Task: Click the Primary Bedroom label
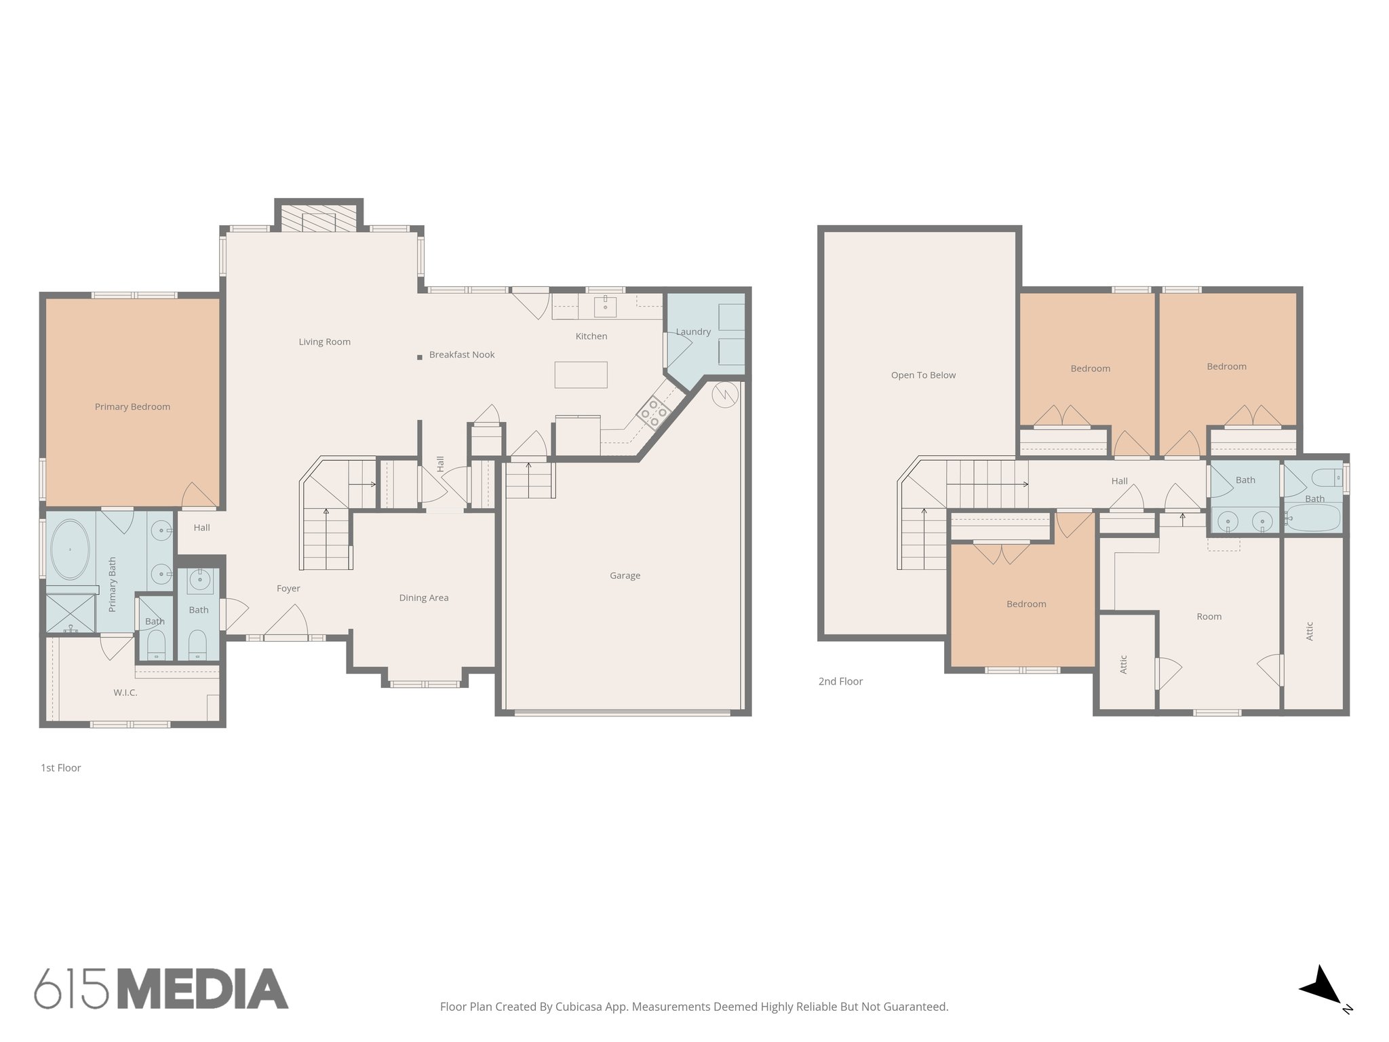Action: point(132,407)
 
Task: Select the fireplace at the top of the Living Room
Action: point(319,220)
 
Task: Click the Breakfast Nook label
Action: point(462,355)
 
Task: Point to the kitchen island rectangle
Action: point(581,374)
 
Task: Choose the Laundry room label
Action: point(693,332)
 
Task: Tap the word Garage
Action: point(625,576)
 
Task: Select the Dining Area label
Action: point(423,598)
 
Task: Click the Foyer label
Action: point(288,589)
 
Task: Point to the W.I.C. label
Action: point(125,693)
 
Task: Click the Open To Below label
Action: point(923,375)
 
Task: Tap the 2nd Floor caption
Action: point(840,682)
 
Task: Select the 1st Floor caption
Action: point(61,768)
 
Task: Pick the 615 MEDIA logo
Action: point(161,988)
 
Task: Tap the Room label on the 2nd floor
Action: point(1209,617)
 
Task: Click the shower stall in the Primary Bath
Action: point(70,613)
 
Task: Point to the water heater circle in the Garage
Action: point(725,395)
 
